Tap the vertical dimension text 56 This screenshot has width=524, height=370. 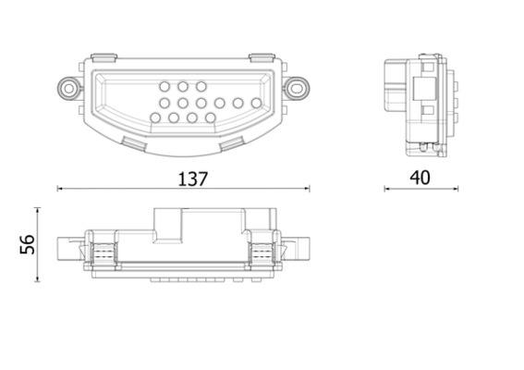pos(27,244)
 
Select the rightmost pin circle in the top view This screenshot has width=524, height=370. pos(255,103)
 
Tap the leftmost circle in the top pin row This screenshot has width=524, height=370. pos(164,86)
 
